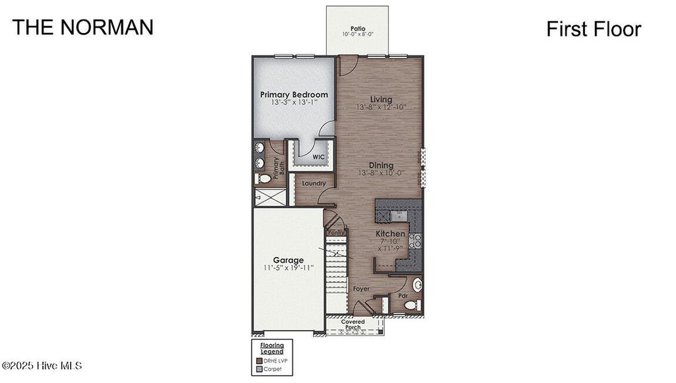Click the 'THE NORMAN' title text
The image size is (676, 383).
point(83,27)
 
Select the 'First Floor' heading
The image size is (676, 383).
point(593,29)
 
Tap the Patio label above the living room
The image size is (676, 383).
point(358,28)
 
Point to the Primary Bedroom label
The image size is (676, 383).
point(294,94)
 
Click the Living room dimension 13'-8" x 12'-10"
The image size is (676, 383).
point(381,107)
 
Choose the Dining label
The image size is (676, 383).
point(381,165)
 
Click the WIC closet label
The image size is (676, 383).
point(318,157)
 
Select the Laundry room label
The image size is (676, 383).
point(314,183)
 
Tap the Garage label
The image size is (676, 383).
point(289,260)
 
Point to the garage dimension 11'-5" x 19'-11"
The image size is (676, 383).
point(289,268)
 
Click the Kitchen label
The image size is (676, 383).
point(390,234)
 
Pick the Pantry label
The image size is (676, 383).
point(336,232)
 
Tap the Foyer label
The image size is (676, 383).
point(360,289)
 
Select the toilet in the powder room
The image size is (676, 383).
point(411,305)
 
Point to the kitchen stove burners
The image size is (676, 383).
point(415,241)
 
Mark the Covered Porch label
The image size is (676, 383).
point(353,325)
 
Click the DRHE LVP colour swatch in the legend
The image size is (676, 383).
point(259,361)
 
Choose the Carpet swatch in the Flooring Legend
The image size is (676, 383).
point(259,369)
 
